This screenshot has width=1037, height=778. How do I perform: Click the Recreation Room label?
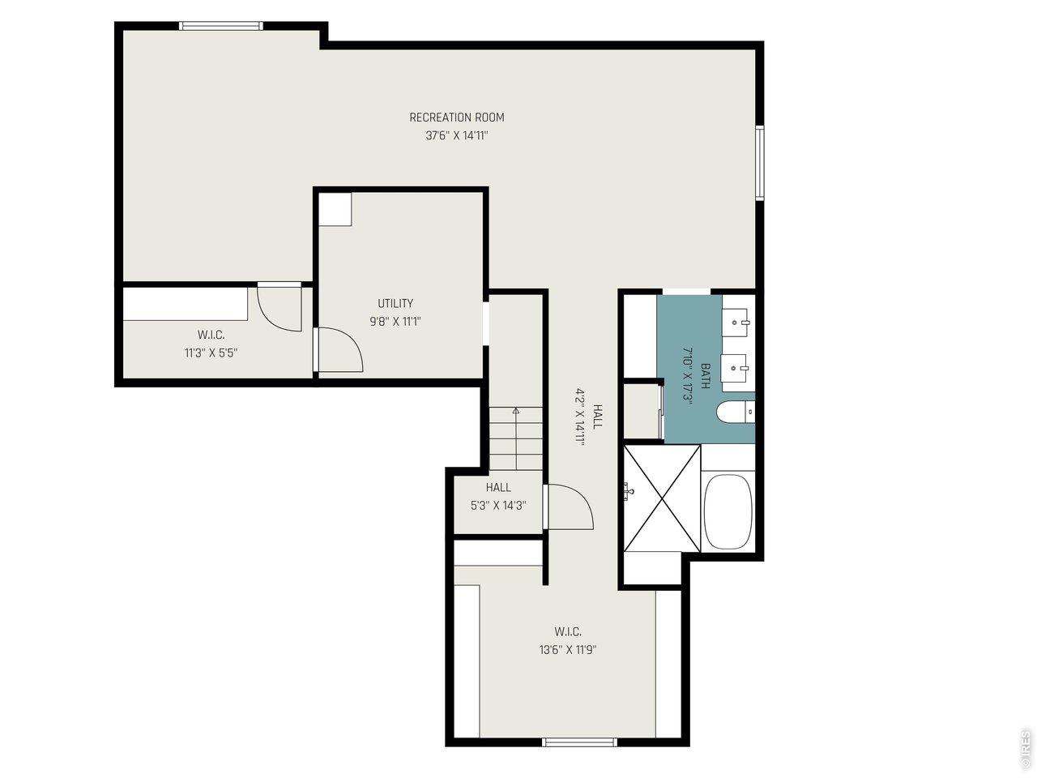pyautogui.click(x=456, y=118)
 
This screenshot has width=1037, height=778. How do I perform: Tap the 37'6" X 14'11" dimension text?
pyautogui.click(x=456, y=135)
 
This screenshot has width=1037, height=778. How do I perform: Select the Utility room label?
pyautogui.click(x=395, y=303)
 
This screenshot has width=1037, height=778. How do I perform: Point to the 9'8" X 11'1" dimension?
pyautogui.click(x=395, y=322)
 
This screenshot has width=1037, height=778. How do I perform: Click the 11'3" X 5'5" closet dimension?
pyautogui.click(x=211, y=353)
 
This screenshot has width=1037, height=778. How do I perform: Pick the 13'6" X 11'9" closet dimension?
pyautogui.click(x=568, y=649)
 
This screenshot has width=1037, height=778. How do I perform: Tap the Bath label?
pyautogui.click(x=705, y=376)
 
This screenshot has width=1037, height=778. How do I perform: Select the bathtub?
pyautogui.click(x=728, y=511)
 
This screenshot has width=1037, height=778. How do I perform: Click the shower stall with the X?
pyautogui.click(x=662, y=498)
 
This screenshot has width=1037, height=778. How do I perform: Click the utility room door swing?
pyautogui.click(x=340, y=350)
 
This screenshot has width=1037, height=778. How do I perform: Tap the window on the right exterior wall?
pyautogui.click(x=759, y=163)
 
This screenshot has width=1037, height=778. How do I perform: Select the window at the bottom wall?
pyautogui.click(x=579, y=755)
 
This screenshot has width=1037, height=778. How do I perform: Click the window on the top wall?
pyautogui.click(x=220, y=26)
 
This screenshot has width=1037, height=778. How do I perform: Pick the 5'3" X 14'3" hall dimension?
pyautogui.click(x=498, y=506)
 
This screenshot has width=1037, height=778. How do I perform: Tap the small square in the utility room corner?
pyautogui.click(x=335, y=209)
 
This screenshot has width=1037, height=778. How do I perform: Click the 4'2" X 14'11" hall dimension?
pyautogui.click(x=580, y=417)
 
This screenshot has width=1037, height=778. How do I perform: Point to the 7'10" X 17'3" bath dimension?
pyautogui.click(x=687, y=376)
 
